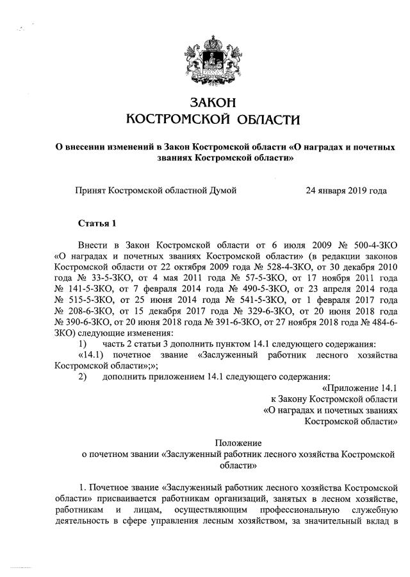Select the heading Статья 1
tap(97, 223)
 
